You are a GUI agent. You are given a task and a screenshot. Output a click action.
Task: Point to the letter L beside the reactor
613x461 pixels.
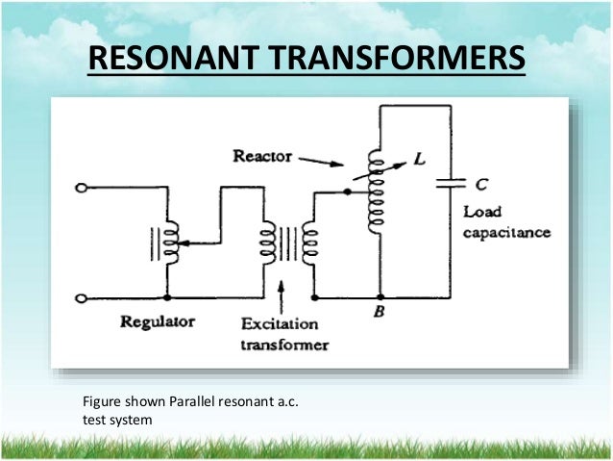[419, 161]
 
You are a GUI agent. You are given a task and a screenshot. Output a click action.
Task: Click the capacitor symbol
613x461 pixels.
[448, 183]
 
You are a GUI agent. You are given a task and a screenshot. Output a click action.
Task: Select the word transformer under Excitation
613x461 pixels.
[287, 345]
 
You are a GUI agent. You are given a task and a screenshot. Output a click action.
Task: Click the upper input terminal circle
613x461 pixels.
[84, 189]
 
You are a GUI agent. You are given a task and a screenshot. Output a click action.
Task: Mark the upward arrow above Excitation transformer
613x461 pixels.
[281, 291]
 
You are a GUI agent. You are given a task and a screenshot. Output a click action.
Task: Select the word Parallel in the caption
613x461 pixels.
[196, 400]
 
